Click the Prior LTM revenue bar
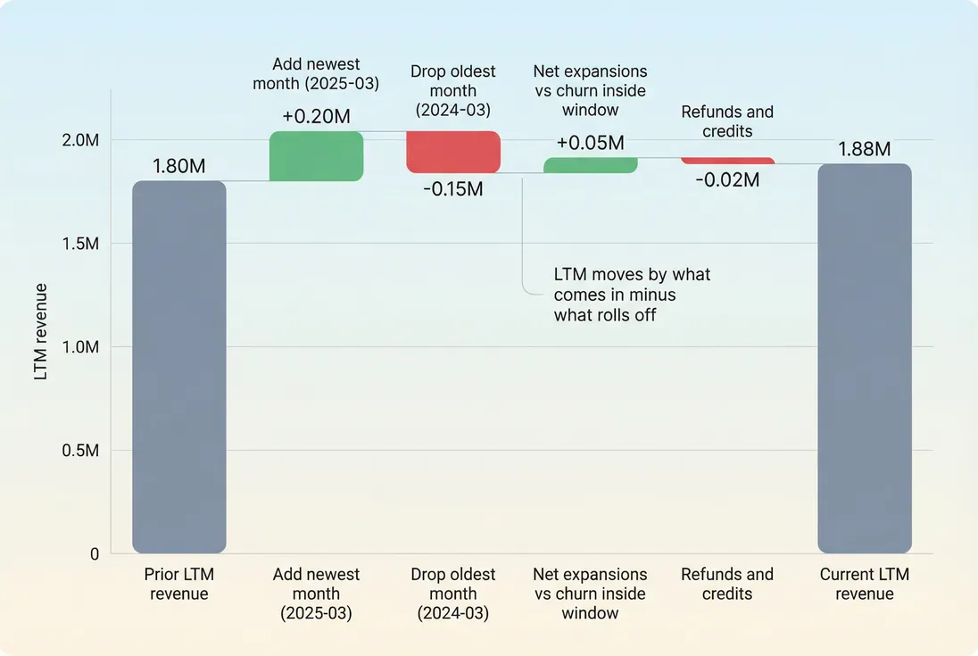pos(179,367)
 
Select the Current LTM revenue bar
pos(864,358)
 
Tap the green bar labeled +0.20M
pos(316,156)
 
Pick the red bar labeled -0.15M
pos(453,152)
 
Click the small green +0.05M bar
pos(590,165)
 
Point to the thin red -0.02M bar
pos(727,161)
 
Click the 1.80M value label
pos(179,166)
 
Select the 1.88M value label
pos(864,149)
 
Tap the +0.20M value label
pos(316,117)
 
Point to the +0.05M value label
pos(590,143)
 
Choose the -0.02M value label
pos(727,179)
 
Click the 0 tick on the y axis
pos(94,554)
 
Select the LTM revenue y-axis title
pos(41,332)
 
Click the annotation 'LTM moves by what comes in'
pos(632,295)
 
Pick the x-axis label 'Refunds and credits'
pos(727,584)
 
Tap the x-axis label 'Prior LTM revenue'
pos(179,584)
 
